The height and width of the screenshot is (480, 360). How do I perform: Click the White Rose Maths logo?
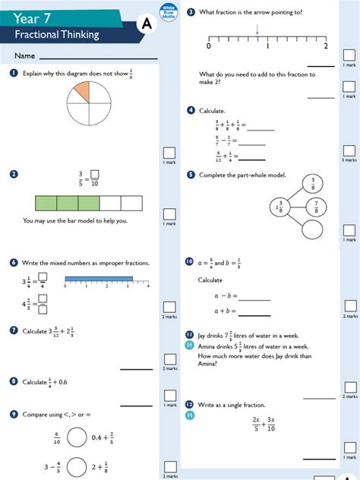168,12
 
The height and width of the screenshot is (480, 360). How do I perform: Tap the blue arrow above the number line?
257,30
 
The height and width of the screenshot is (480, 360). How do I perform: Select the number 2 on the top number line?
326,46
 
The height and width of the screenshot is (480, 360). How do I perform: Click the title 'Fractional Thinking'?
56,35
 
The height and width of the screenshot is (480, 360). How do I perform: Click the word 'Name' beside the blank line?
24,56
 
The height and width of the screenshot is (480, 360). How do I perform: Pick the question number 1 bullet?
14,73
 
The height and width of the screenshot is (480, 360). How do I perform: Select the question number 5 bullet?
191,175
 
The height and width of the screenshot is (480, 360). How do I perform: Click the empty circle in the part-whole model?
312,229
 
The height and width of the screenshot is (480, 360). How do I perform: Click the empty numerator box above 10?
95,173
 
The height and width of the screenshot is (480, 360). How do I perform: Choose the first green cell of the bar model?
46,202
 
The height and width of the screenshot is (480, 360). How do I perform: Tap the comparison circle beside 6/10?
76,437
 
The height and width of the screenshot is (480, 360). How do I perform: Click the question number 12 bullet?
190,404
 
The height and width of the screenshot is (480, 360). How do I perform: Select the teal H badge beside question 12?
190,415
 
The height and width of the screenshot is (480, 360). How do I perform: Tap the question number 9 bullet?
14,414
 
